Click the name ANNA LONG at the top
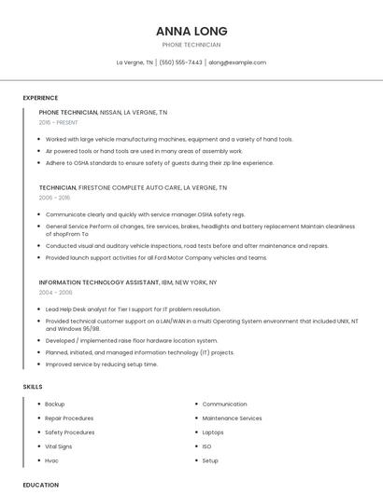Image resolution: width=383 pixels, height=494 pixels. coord(191,31)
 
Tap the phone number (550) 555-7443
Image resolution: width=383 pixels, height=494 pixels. coord(180,62)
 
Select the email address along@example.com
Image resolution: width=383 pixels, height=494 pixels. coord(237,62)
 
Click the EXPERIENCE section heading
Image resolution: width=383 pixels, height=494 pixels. coord(40,98)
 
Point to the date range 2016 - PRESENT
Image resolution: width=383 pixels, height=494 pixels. coord(59,122)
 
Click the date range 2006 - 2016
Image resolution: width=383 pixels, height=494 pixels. coord(54,198)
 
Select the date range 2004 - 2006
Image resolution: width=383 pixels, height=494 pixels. coord(55,292)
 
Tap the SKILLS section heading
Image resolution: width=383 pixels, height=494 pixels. coord(33,386)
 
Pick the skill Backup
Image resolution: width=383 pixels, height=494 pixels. coord(55,405)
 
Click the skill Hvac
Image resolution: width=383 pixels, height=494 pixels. coord(52,460)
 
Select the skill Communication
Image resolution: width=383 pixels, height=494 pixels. coord(224,405)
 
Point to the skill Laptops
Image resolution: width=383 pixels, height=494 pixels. coord(213,432)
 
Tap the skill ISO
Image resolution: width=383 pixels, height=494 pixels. coord(206,446)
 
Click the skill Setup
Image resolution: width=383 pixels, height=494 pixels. coord(210,460)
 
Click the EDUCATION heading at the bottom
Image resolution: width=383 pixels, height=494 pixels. coord(40,485)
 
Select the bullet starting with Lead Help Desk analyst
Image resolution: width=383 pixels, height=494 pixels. coord(133,309)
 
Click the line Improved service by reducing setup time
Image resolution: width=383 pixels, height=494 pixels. coord(102,364)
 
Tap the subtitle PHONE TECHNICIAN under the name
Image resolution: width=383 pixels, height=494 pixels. coord(191,45)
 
